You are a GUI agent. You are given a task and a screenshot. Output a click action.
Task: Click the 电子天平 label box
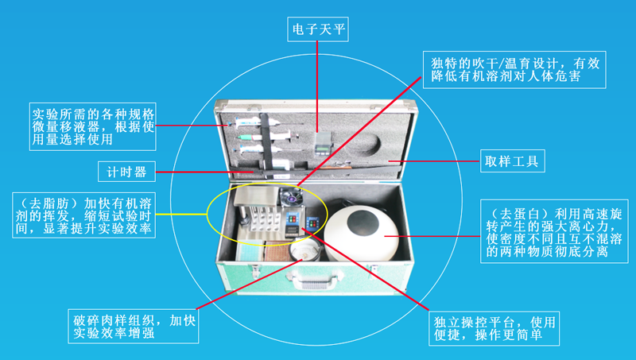(318, 29)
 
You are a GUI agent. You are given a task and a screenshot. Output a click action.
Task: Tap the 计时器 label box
(126, 171)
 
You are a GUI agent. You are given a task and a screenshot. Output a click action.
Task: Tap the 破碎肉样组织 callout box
(131, 327)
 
